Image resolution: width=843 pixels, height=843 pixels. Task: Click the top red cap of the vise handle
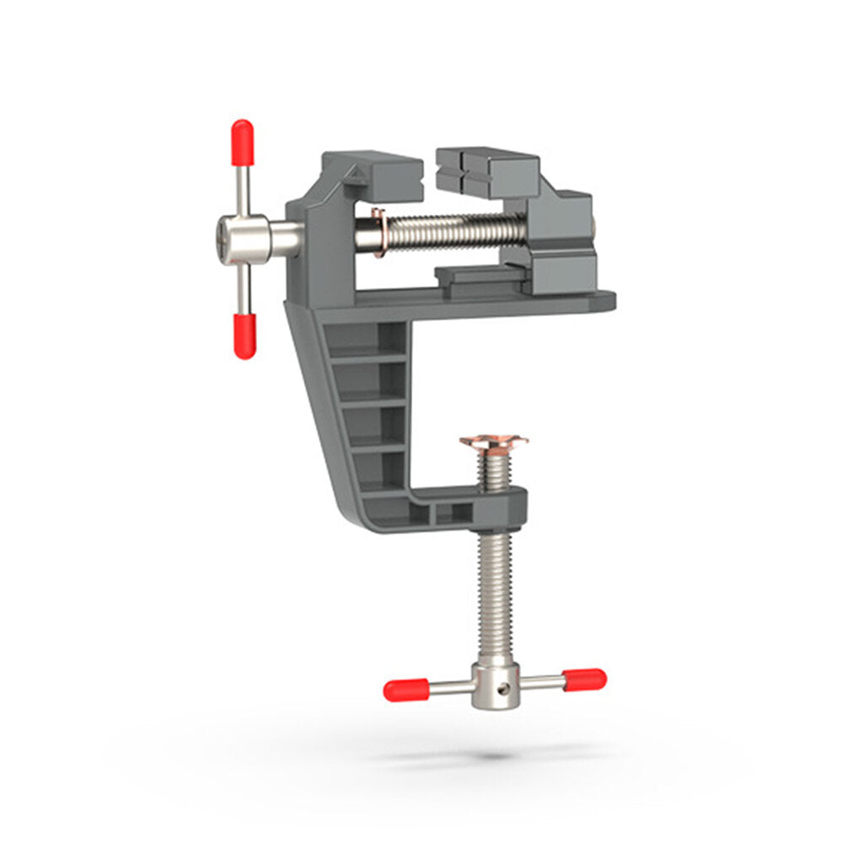click(242, 142)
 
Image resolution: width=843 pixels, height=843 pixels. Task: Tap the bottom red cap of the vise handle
click(244, 336)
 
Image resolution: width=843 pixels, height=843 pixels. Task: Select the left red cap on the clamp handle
click(405, 690)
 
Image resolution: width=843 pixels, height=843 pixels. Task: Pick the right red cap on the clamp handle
click(584, 679)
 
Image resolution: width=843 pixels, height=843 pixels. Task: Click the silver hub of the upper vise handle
click(244, 239)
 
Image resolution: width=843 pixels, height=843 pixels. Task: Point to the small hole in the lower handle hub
click(503, 688)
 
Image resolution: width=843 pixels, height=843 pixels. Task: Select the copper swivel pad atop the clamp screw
click(494, 442)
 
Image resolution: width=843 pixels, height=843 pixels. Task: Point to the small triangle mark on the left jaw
click(355, 176)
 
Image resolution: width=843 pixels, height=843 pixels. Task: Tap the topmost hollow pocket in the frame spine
click(365, 338)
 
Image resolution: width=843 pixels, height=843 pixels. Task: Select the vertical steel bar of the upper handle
click(244, 190)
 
